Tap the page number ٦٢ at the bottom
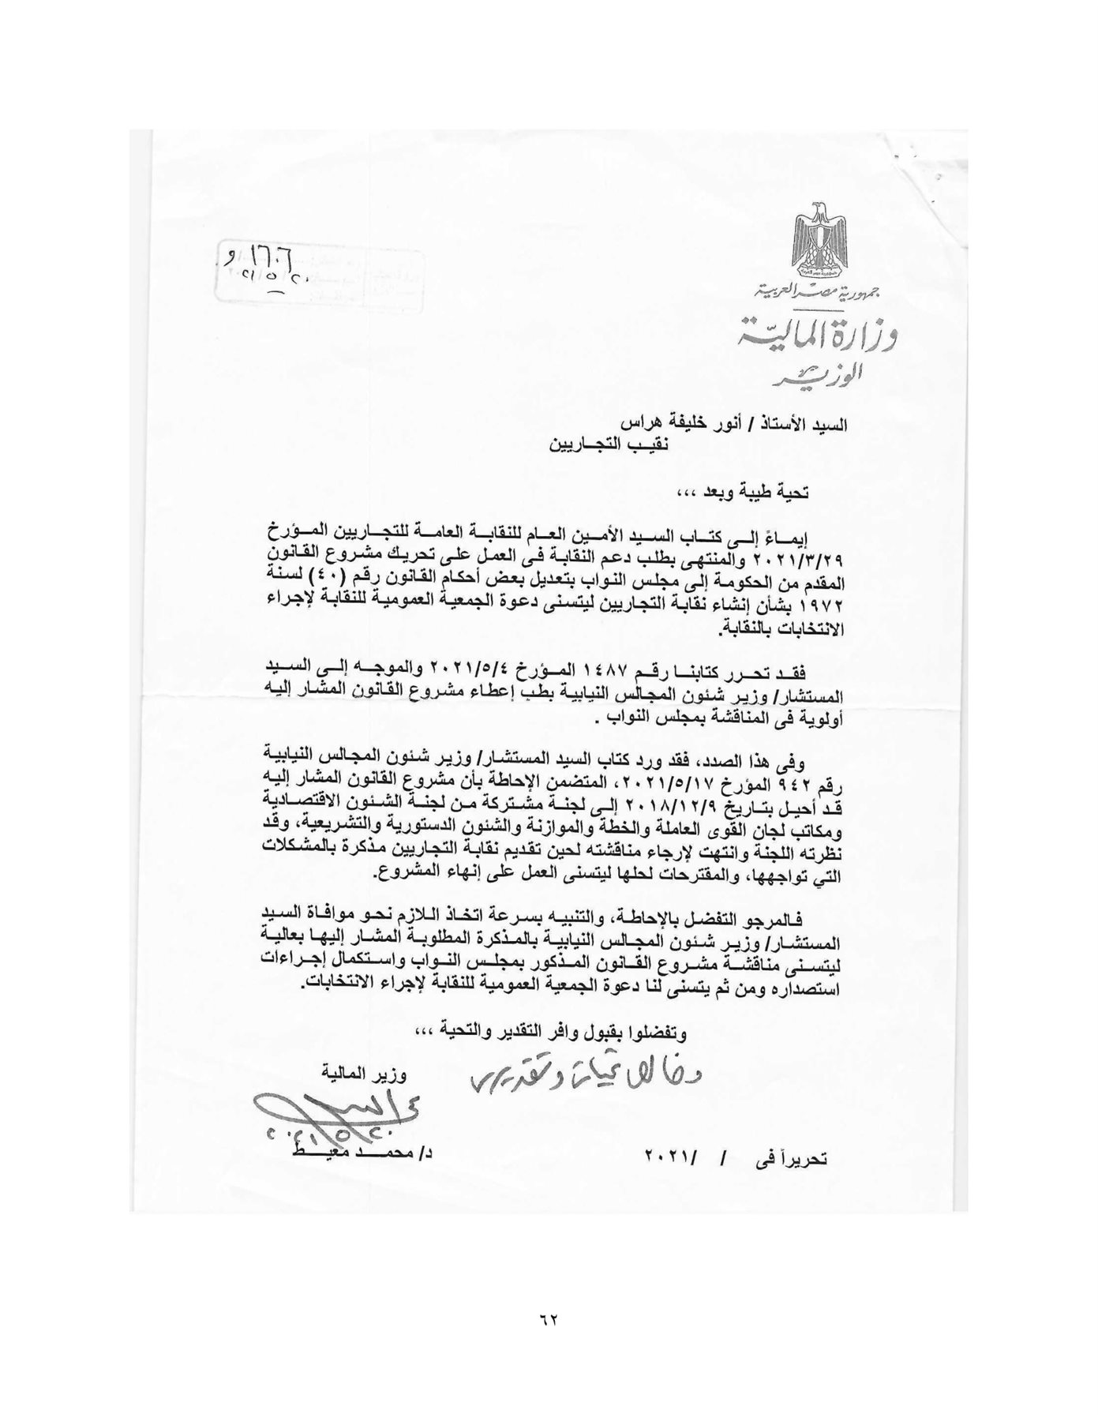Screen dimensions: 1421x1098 (549, 1320)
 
